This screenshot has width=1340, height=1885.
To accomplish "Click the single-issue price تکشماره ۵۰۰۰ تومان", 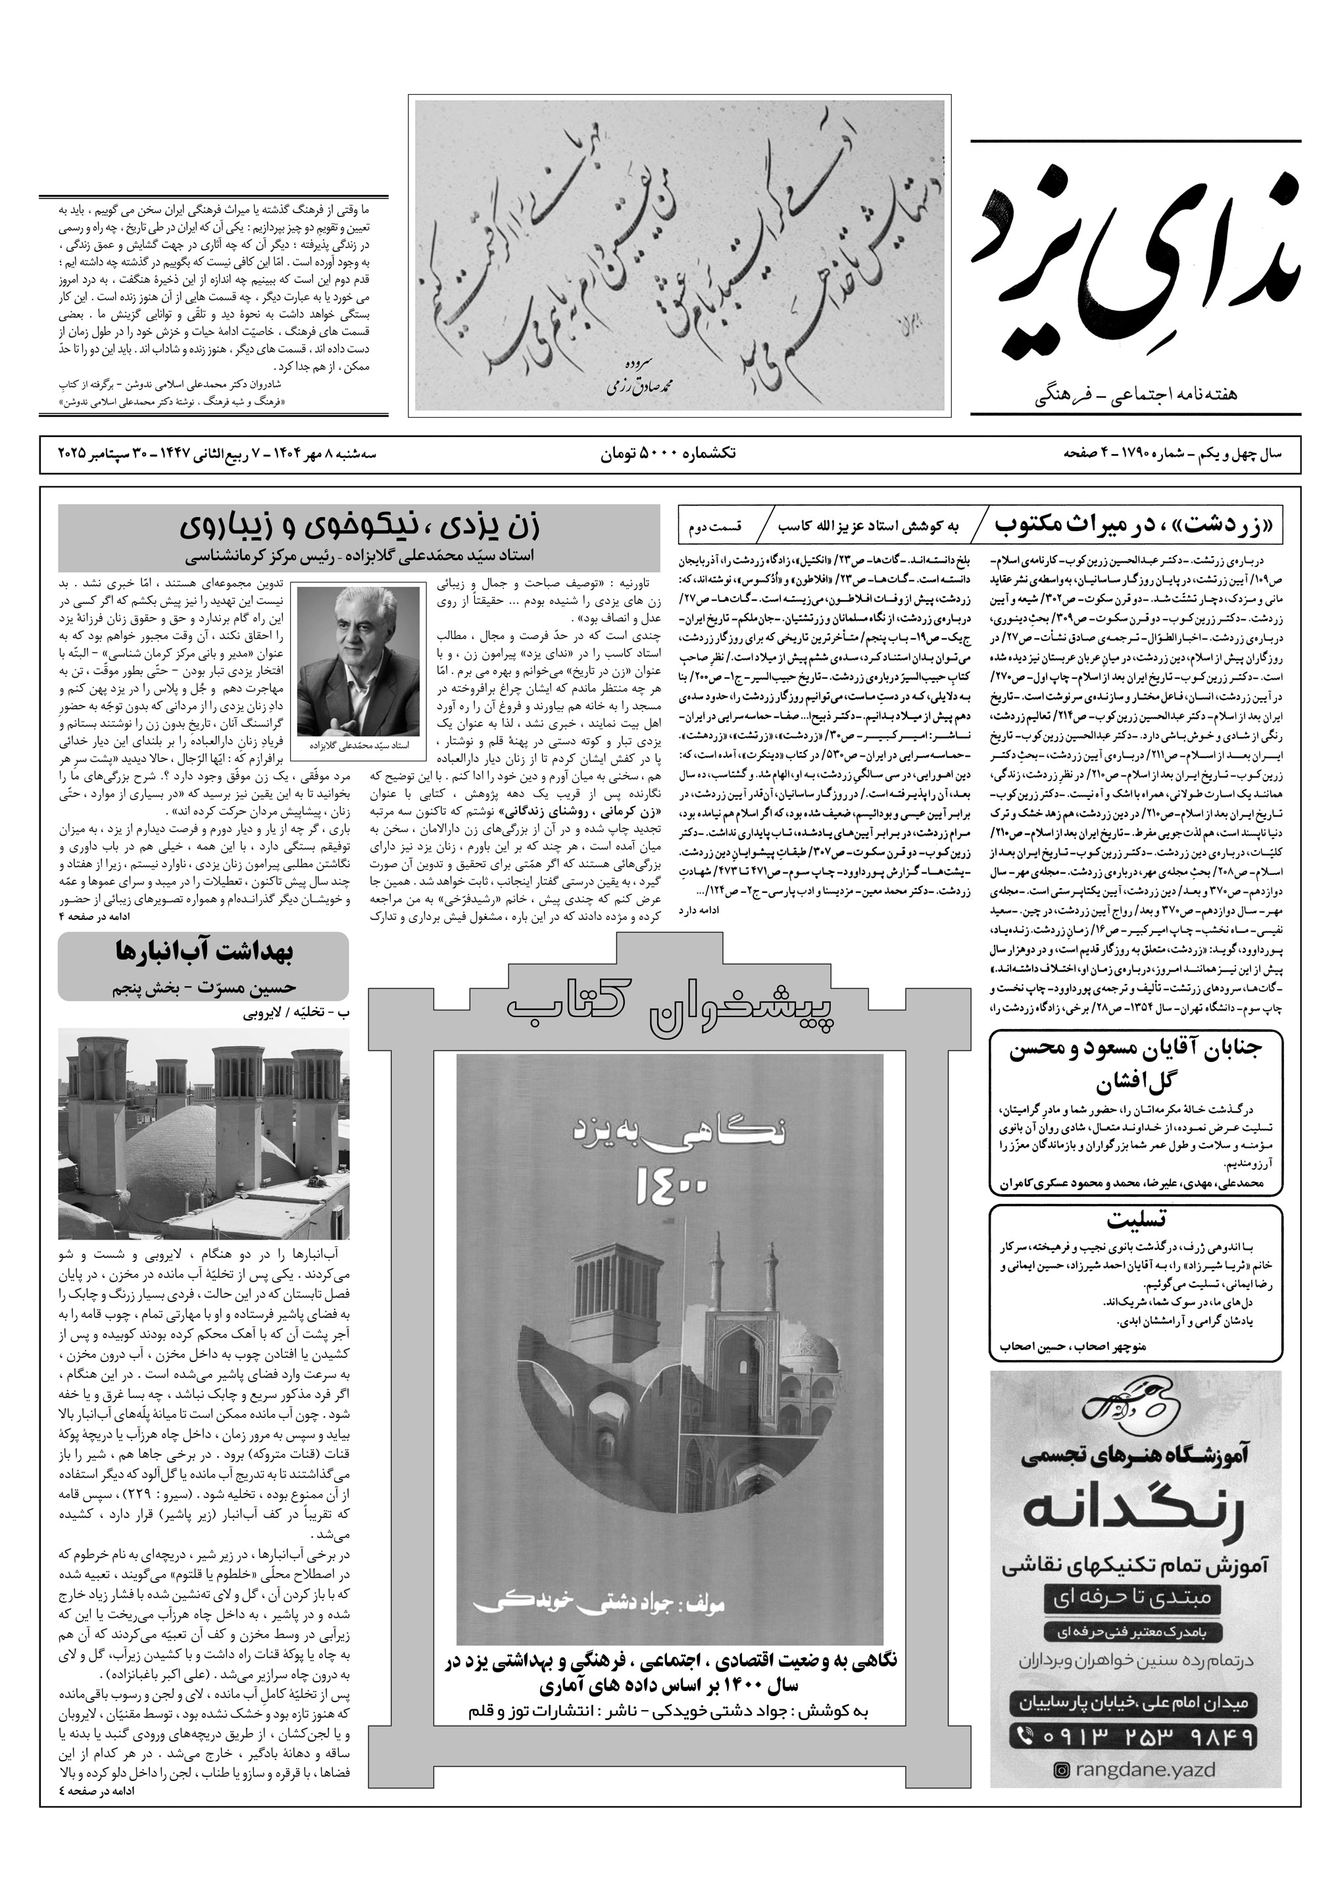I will pyautogui.click(x=668, y=453).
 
